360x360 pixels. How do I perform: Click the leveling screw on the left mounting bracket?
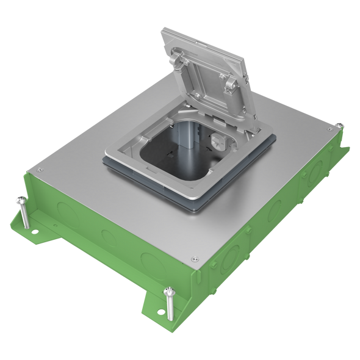[24, 211]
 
